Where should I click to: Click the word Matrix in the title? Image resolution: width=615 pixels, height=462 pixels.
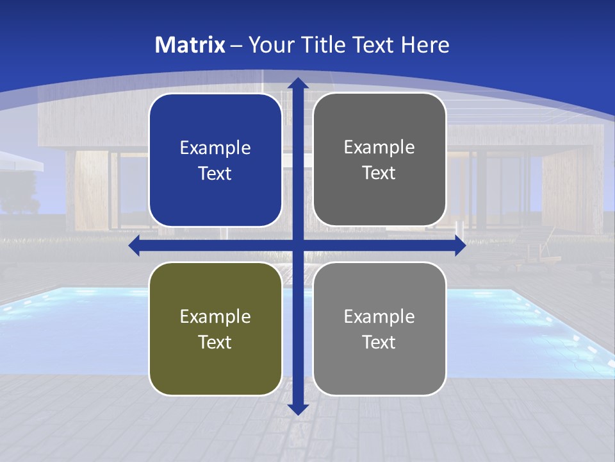[190, 45]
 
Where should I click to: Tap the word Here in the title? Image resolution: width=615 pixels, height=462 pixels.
[425, 45]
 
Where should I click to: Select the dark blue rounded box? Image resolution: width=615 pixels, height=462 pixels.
[215, 160]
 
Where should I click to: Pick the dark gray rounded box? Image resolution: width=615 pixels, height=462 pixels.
[379, 160]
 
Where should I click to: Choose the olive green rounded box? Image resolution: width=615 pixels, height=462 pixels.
[215, 329]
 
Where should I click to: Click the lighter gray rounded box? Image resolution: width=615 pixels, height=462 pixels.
[379, 329]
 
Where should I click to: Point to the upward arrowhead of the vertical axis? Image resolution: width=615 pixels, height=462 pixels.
[298, 83]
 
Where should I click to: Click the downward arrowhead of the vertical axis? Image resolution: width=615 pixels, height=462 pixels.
[298, 409]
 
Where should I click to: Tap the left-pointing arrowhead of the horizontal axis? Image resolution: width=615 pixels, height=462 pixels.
[135, 245]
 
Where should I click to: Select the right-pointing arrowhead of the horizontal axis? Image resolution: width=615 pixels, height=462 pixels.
[460, 245]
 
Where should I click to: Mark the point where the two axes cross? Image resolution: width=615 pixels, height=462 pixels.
[298, 245]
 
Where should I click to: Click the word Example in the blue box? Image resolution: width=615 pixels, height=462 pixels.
[215, 148]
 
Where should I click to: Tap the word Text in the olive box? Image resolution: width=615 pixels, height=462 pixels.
[215, 342]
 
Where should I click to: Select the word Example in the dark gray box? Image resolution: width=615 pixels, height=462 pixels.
[379, 148]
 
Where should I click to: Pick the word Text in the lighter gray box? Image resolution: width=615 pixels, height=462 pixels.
[379, 342]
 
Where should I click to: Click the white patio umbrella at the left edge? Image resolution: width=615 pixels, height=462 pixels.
[19, 160]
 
